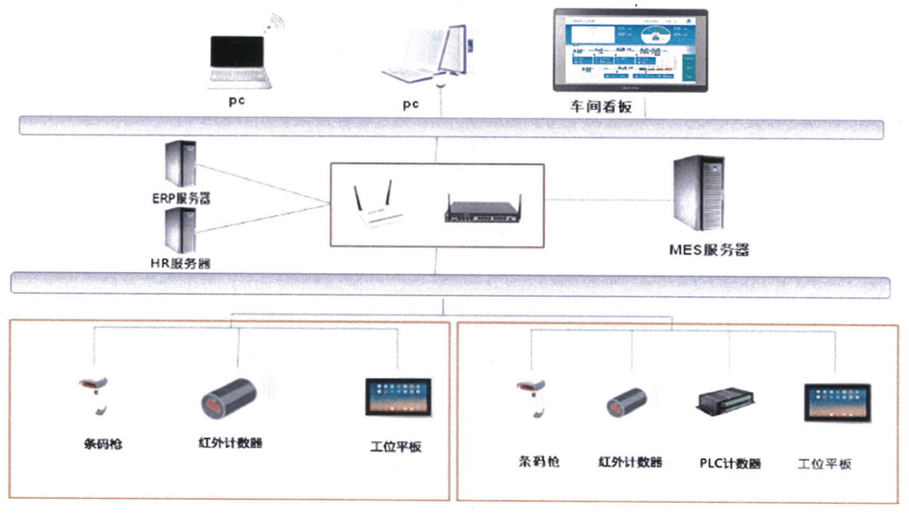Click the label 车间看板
point(600,107)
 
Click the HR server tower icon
point(180,231)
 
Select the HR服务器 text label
point(180,263)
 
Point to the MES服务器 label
point(709,250)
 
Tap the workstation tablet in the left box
point(398,397)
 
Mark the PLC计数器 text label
point(729,463)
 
